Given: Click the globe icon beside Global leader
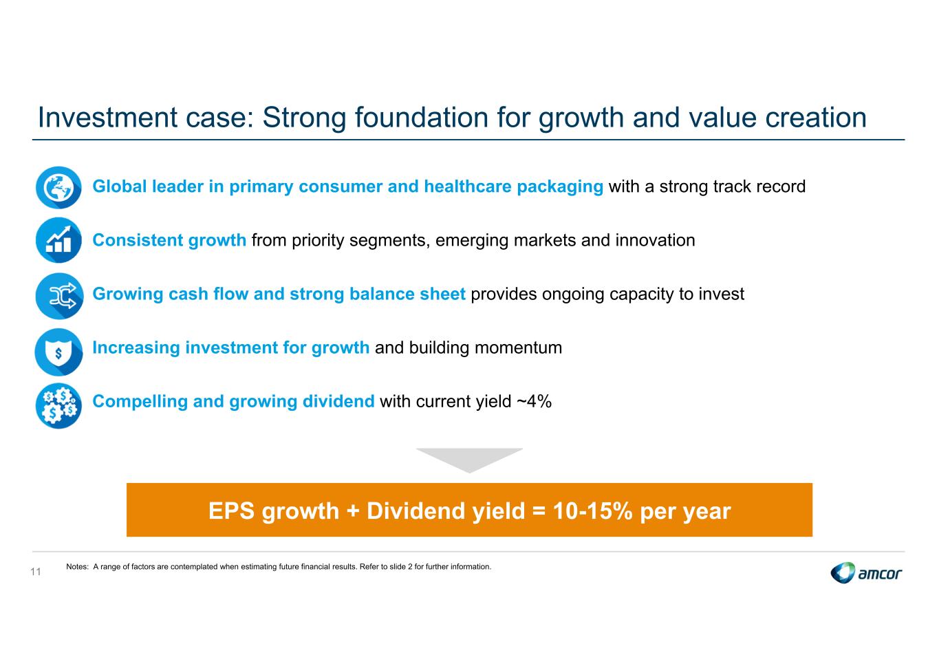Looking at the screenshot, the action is (58, 187).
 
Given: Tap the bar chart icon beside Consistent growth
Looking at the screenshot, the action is (58, 240).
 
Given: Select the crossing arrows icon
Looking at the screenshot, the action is (59, 295).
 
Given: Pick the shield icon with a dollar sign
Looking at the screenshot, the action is (58, 352).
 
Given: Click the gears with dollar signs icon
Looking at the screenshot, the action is (58, 405).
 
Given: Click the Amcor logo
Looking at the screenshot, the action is (866, 572).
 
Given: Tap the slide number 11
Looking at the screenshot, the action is (36, 571).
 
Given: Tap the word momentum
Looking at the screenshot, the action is (518, 347).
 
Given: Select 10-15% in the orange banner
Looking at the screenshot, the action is (592, 511).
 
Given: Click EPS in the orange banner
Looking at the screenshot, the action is (231, 511).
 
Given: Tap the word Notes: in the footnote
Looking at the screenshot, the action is (77, 567).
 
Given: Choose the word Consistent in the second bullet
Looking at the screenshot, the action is (138, 240).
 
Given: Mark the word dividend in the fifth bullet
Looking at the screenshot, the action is (338, 401).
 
